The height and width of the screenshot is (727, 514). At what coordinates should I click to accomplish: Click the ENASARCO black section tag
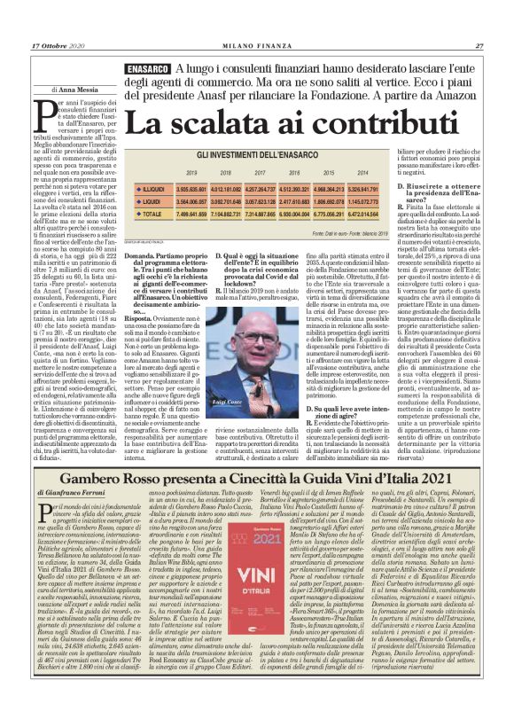tap(148, 69)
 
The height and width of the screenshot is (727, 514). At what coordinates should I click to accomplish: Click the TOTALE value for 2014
tap(363, 214)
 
